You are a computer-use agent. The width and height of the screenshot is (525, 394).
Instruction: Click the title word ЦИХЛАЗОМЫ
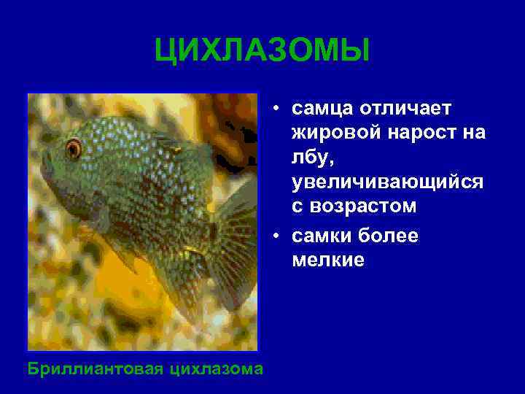262,52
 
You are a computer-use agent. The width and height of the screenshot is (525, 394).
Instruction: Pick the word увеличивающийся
387,182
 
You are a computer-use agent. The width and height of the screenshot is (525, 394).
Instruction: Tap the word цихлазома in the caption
216,368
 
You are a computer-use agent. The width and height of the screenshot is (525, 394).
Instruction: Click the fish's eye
73,149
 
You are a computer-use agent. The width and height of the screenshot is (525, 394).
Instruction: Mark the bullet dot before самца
278,109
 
